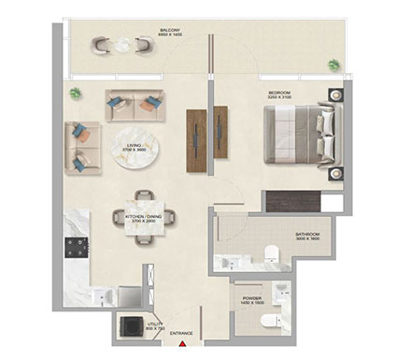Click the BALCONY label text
coord(169,30)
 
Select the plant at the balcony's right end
coord(334,64)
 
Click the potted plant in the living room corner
coord(76,92)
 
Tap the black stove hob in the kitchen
coord(75,250)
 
